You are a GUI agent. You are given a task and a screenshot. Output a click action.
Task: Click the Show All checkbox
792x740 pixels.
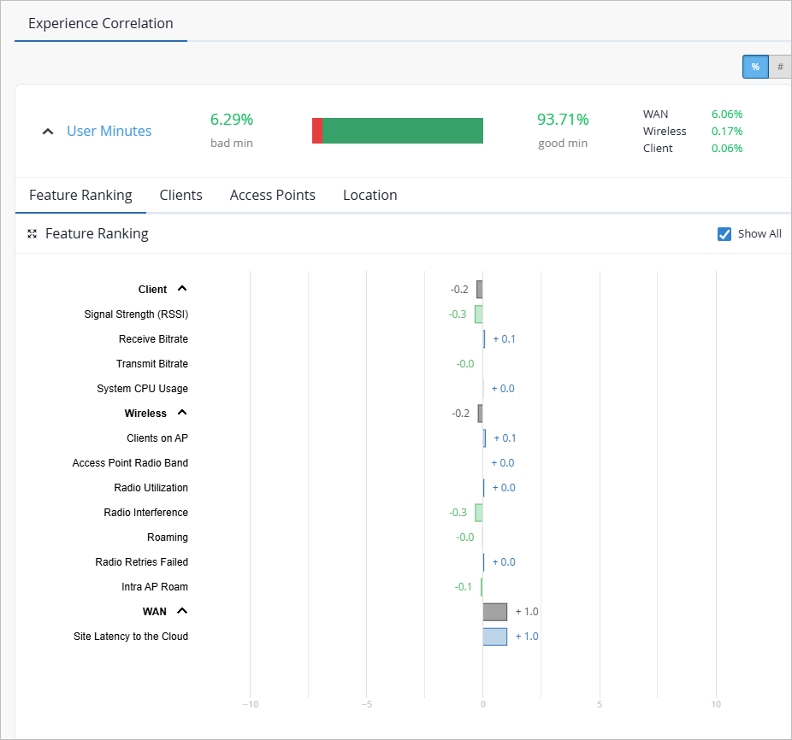pos(724,234)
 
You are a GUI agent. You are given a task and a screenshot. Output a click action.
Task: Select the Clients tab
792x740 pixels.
pos(180,196)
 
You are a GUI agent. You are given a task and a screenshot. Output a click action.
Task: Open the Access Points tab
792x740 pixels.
pos(273,196)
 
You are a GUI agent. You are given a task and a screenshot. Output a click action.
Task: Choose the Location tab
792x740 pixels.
pos(370,196)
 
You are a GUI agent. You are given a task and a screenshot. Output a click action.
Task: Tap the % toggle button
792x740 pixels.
pos(755,67)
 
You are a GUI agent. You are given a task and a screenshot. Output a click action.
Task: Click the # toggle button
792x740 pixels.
pos(780,67)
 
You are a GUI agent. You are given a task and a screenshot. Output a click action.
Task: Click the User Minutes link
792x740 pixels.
pos(109,132)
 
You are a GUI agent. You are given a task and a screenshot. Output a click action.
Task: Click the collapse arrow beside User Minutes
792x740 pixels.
pos(48,132)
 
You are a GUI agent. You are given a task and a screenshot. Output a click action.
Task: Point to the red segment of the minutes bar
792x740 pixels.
pos(317,131)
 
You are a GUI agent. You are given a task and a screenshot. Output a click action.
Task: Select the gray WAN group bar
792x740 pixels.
pos(495,612)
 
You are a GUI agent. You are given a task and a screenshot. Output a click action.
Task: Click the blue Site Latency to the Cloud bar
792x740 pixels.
pos(495,637)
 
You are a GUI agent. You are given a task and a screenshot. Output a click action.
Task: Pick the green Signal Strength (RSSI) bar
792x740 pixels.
pos(479,314)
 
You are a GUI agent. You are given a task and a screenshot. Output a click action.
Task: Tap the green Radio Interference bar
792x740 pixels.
pos(479,513)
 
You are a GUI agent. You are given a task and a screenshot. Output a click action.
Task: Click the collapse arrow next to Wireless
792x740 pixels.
pos(182,413)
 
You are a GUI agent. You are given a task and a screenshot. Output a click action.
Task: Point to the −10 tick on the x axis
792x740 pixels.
pos(251,704)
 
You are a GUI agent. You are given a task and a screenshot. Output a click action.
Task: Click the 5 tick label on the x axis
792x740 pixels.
pos(600,704)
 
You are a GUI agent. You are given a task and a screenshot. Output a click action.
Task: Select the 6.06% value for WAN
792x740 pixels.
pos(727,115)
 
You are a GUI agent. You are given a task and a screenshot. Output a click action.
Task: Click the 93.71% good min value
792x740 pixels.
pos(563,120)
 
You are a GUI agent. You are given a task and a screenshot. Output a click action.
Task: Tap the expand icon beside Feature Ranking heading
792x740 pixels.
pos(33,234)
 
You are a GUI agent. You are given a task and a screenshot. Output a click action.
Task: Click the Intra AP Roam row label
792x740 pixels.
pos(155,587)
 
